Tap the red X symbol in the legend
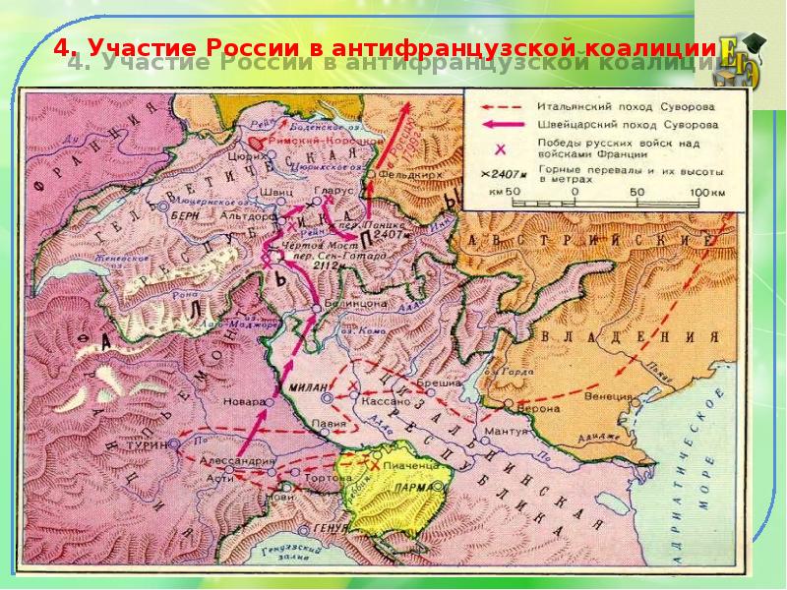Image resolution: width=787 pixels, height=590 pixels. point(500,147)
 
